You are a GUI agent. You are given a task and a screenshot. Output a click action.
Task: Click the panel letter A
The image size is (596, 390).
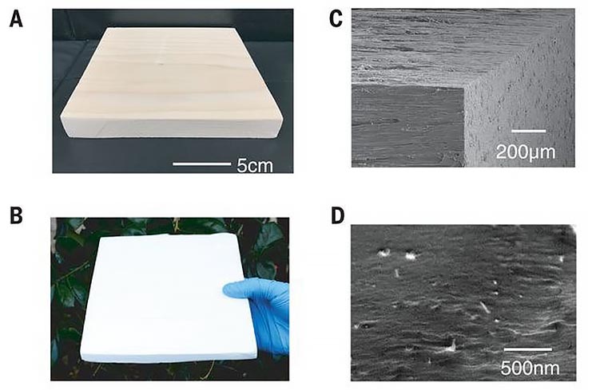[16, 19]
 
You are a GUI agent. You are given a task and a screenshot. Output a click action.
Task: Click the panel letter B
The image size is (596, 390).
[16, 215]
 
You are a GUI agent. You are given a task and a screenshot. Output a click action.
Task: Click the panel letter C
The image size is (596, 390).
[336, 19]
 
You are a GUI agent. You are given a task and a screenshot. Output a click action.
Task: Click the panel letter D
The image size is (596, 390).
[337, 215]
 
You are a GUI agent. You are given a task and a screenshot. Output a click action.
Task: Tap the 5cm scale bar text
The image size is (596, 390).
[255, 166]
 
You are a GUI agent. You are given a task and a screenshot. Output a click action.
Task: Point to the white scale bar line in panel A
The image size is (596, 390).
[202, 163]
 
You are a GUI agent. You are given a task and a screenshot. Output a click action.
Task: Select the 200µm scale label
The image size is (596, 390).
[526, 152]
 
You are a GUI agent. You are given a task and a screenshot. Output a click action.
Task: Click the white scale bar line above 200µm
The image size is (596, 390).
[529, 132]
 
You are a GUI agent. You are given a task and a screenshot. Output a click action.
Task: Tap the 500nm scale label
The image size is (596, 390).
[530, 368]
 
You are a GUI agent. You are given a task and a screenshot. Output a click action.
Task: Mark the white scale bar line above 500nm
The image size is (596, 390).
[528, 349]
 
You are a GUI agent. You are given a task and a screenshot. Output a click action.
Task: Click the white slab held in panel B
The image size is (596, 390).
[167, 297]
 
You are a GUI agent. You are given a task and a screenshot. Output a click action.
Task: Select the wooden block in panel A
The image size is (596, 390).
[173, 81]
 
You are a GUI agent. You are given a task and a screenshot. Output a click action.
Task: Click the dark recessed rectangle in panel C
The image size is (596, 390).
[407, 125]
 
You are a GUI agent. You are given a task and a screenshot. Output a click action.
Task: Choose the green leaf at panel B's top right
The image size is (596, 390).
[269, 239]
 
